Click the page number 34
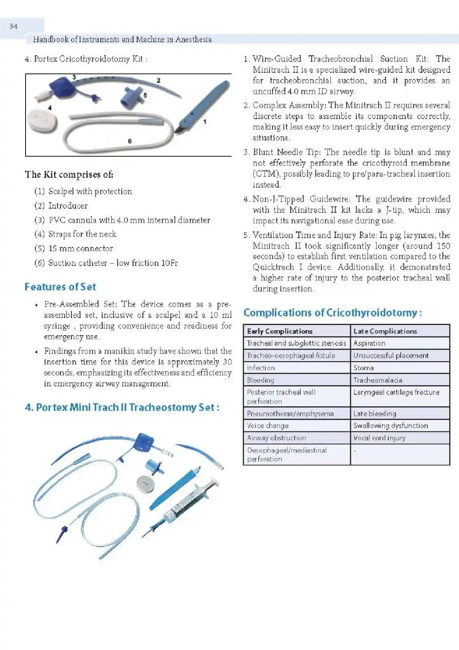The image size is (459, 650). click(13, 26)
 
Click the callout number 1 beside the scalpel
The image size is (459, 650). click(205, 121)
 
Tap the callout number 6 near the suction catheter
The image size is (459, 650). click(130, 141)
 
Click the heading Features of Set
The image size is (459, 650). click(60, 287)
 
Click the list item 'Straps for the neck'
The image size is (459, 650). click(82, 234)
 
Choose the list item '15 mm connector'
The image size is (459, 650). click(80, 249)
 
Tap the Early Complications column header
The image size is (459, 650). click(280, 331)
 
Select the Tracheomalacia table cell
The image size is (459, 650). click(377, 380)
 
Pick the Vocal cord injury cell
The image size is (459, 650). click(379, 438)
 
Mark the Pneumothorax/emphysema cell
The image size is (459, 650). click(290, 414)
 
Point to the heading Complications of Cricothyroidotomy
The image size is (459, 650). click(332, 313)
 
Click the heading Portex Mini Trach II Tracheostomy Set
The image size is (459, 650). click(122, 407)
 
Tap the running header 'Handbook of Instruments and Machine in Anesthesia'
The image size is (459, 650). click(122, 39)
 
